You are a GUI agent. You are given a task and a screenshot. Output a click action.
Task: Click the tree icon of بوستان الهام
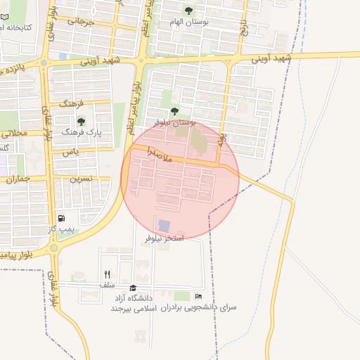[x=189, y=10]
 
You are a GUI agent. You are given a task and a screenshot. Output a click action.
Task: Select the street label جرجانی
[x=81, y=21]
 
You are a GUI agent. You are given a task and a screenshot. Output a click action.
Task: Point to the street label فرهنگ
[x=72, y=103]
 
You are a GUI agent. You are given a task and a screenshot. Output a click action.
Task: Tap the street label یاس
[x=69, y=151]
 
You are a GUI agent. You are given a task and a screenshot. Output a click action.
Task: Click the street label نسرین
[x=79, y=179]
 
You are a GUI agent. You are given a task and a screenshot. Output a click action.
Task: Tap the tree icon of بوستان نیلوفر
[x=174, y=110]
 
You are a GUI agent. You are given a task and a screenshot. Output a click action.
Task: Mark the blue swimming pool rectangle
[x=164, y=225]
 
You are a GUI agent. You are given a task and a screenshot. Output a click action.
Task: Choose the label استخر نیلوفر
[x=164, y=238]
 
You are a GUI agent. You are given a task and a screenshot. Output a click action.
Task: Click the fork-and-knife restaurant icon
[x=107, y=274]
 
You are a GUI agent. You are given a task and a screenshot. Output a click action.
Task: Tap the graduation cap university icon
[x=134, y=288]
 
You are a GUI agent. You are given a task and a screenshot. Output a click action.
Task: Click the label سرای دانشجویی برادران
[x=199, y=308]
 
